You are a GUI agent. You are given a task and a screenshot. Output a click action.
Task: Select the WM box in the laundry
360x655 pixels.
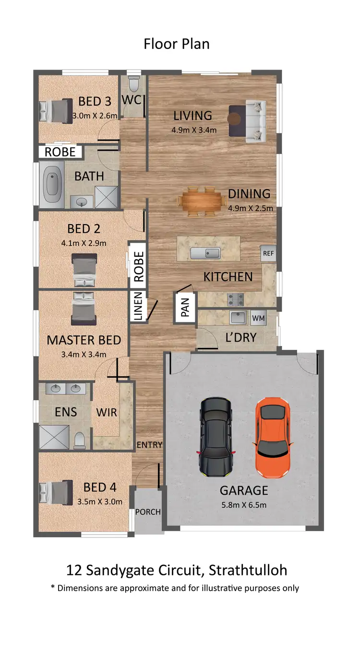258,318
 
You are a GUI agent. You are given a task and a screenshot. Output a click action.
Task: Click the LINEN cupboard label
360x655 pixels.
138,306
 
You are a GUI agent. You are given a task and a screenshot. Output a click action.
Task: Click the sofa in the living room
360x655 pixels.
254,121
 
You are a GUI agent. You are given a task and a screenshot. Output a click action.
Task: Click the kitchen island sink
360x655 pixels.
204,253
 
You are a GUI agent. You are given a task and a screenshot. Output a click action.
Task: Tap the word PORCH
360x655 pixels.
148,512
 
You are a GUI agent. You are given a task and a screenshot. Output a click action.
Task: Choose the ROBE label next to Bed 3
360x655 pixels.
60,152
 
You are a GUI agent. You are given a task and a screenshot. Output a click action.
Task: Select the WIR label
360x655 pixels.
107,412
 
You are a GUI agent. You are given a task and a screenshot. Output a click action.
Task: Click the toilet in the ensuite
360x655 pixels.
79,439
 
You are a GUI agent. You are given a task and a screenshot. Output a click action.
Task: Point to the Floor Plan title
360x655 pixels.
177,44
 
